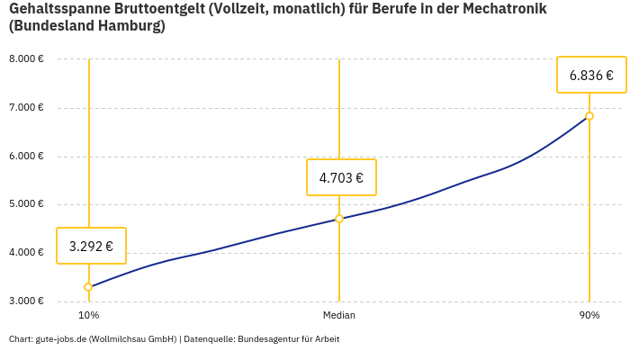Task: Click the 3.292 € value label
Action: click(91, 246)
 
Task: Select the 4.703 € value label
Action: click(341, 177)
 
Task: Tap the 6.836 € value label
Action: click(591, 75)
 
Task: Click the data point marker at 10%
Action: click(88, 287)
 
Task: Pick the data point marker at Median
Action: click(339, 219)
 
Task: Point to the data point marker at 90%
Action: click(589, 116)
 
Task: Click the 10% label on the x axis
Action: click(88, 316)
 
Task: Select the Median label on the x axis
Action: click(339, 316)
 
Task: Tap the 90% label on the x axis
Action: click(589, 316)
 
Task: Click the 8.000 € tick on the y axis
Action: click(26, 59)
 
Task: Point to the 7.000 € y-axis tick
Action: click(26, 108)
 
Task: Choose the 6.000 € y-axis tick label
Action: click(26, 157)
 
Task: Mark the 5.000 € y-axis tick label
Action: click(26, 204)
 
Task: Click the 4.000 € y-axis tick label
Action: click(26, 253)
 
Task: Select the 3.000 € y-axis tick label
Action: click(26, 301)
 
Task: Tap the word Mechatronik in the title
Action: click(504, 9)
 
